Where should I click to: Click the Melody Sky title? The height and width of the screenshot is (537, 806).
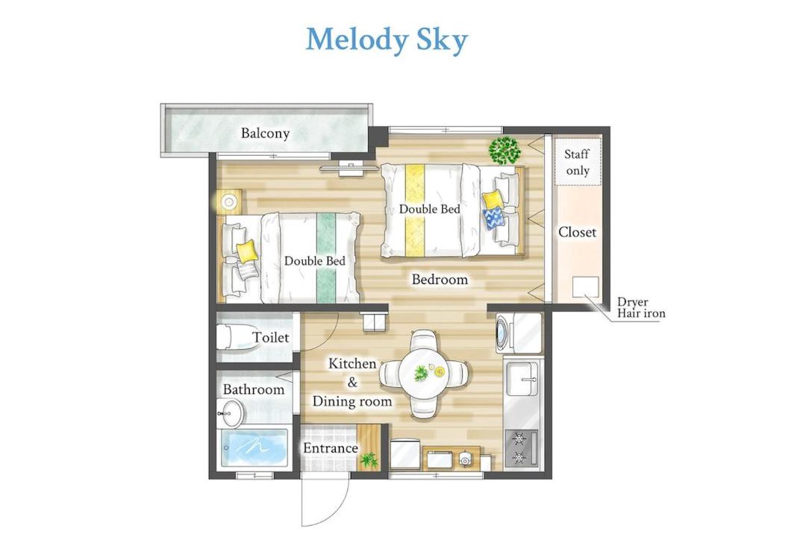(x=387, y=40)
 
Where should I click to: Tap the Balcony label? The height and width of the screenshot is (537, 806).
(x=265, y=133)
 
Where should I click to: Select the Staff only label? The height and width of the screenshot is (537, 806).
(x=577, y=162)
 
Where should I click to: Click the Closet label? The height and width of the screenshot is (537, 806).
(x=577, y=232)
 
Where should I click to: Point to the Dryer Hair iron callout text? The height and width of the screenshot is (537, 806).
(x=641, y=307)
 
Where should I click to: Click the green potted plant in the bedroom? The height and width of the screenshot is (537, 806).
(x=504, y=150)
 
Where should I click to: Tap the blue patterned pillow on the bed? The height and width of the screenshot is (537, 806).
(x=493, y=217)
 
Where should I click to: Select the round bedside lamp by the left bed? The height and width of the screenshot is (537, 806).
(x=228, y=202)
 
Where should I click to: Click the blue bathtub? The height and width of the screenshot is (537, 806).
(x=255, y=448)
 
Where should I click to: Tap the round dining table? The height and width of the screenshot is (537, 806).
(x=425, y=374)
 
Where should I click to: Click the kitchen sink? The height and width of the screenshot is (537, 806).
(x=522, y=378)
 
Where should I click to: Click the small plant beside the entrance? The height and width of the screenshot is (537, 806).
(x=369, y=460)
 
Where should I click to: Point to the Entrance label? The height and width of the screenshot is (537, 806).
(x=330, y=448)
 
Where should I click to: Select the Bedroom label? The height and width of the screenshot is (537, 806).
(x=440, y=280)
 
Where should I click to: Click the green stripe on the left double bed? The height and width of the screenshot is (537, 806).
(x=326, y=258)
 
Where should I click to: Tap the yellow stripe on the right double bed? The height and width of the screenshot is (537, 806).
(x=415, y=210)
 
